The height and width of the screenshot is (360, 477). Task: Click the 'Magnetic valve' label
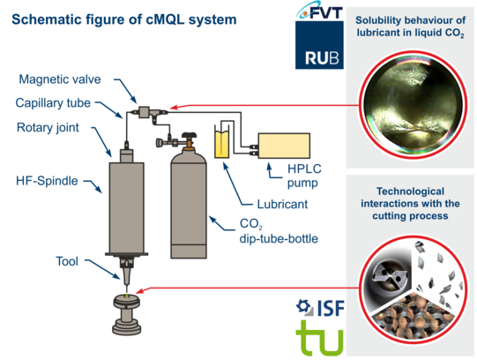coord(60,79)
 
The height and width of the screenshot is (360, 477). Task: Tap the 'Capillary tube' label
coord(53,103)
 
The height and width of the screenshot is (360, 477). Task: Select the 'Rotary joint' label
coord(48,128)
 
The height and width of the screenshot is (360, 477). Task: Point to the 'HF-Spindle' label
coord(47,181)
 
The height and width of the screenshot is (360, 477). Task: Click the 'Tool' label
coord(67,261)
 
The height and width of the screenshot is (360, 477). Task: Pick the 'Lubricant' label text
coord(282,204)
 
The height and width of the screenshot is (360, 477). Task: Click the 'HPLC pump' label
coord(304,176)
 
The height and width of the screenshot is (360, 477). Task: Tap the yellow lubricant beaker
coord(222,143)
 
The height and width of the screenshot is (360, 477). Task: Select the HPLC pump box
coord(284,146)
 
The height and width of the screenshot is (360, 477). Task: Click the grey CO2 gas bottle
coord(189,202)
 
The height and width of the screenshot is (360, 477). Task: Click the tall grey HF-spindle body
coord(127,208)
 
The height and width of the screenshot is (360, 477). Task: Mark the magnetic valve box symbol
coord(144,112)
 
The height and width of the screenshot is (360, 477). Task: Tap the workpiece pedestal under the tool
coord(127,314)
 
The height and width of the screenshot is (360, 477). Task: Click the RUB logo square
coord(319,45)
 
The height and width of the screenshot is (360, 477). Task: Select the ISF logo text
coord(331,308)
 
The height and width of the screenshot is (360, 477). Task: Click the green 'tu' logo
coord(320,338)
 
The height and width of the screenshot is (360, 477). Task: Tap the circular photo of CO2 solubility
coord(414,105)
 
